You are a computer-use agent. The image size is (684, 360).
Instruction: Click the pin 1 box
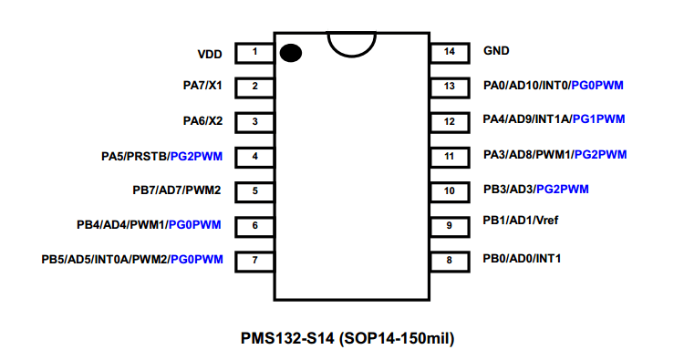(254, 53)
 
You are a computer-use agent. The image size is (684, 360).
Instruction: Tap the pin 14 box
(450, 53)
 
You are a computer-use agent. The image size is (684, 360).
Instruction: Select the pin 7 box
(254, 262)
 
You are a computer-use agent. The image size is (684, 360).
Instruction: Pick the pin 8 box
(450, 262)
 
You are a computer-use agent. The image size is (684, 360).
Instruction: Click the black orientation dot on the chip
(291, 53)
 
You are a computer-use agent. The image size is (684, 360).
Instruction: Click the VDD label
(210, 55)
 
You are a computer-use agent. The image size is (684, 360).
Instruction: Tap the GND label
(496, 51)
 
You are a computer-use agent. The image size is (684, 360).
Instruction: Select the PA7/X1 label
(202, 86)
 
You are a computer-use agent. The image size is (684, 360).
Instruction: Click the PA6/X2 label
(202, 120)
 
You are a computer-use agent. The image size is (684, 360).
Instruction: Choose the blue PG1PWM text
(598, 119)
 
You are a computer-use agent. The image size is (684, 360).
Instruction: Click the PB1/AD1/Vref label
(521, 220)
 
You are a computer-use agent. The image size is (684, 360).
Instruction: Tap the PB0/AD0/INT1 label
(522, 259)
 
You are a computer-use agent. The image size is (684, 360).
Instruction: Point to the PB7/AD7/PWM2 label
(177, 190)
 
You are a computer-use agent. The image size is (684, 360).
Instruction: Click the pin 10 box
(450, 192)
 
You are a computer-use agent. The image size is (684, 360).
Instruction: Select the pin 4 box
(254, 158)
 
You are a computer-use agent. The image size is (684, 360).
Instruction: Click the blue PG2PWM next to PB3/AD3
(563, 190)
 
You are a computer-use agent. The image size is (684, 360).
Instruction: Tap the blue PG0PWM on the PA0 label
(597, 85)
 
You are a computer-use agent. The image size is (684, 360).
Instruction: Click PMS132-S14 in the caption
(287, 338)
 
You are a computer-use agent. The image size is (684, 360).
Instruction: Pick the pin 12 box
(450, 122)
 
